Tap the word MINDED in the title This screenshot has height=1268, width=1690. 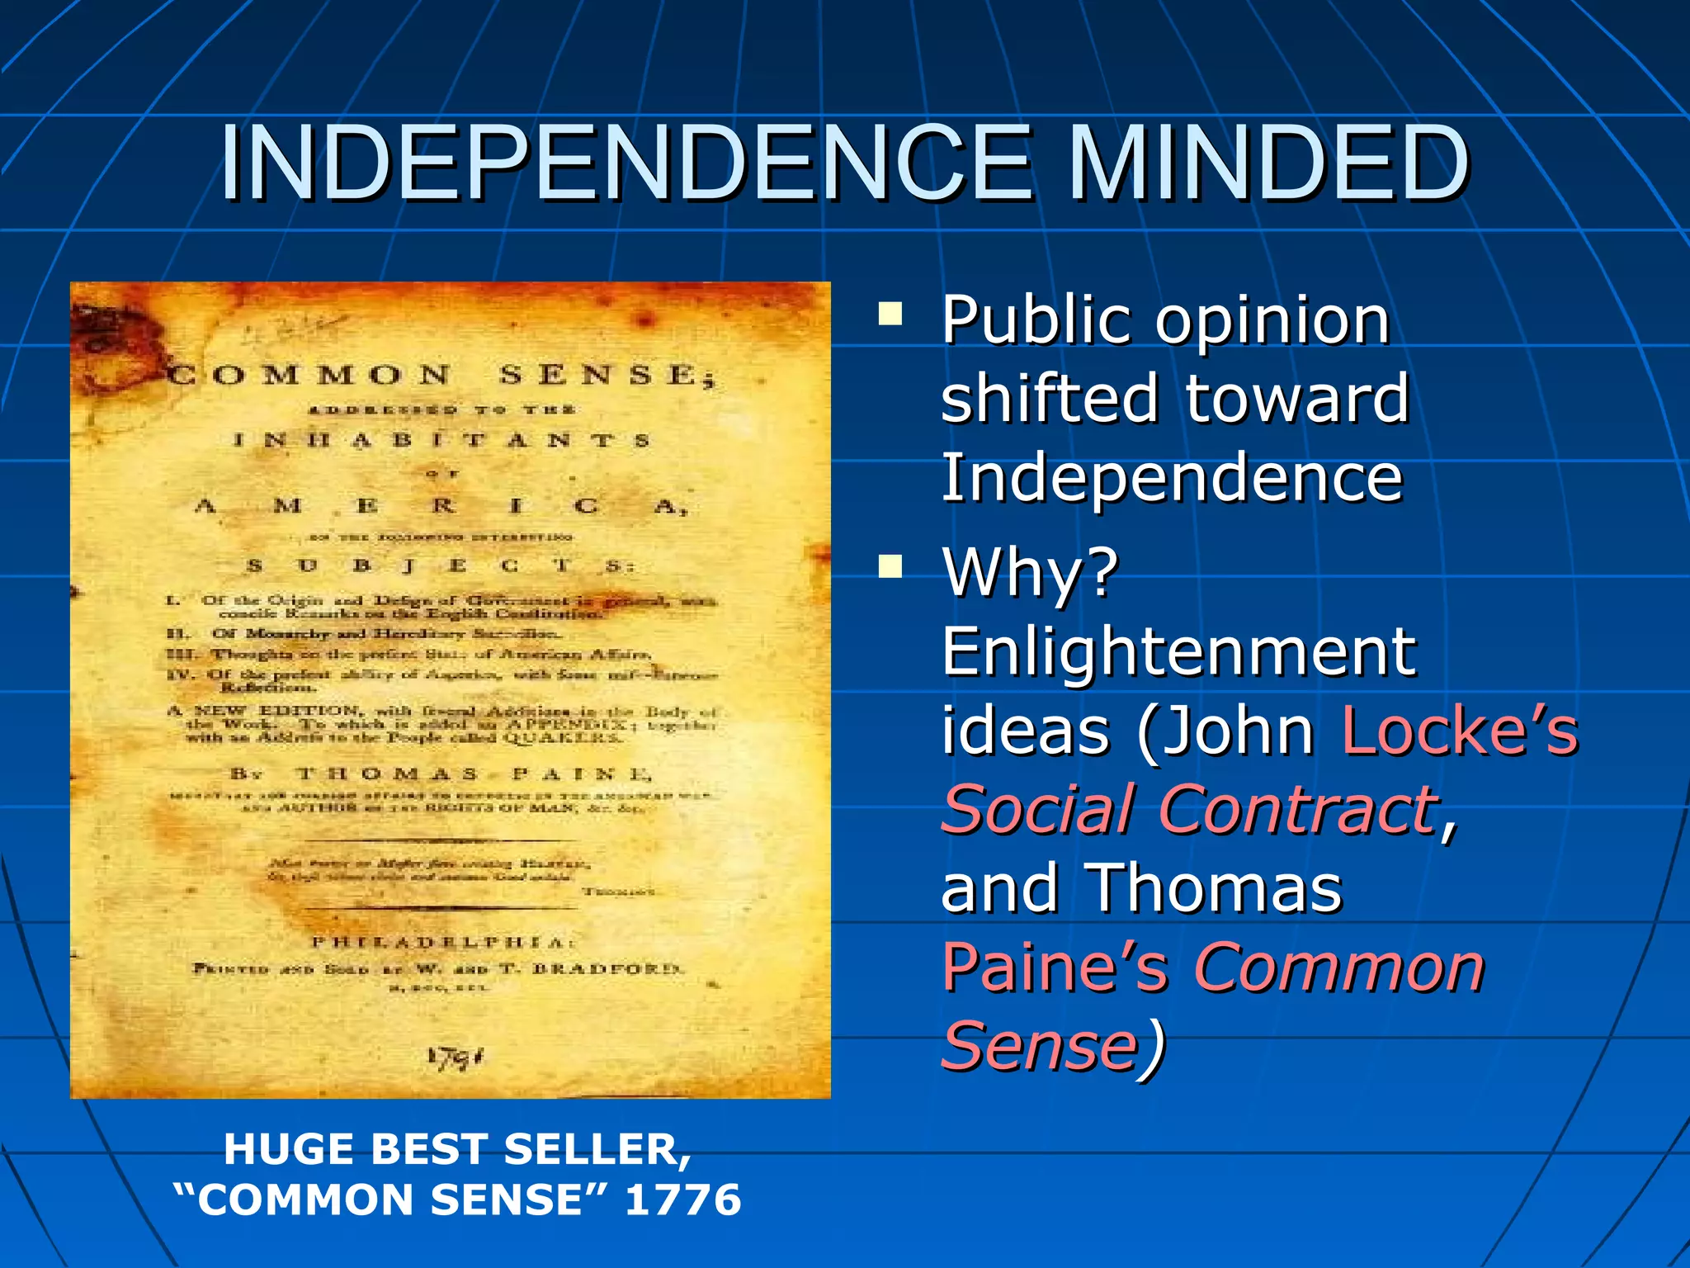pos(1267,163)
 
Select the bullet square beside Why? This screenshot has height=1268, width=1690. pos(890,567)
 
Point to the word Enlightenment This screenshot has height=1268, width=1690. pos(1178,652)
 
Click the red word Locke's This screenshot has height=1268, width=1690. pos(1459,731)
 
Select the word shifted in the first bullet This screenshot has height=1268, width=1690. pos(1049,399)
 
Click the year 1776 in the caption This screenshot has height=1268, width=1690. pos(682,1199)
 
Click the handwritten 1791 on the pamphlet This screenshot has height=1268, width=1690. pos(455,1057)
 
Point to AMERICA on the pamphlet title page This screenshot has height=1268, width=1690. pos(441,506)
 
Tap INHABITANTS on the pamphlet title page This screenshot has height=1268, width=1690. pos(441,441)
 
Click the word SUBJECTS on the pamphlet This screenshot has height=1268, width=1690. pos(441,566)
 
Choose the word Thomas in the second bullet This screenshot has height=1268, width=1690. pos(1216,889)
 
